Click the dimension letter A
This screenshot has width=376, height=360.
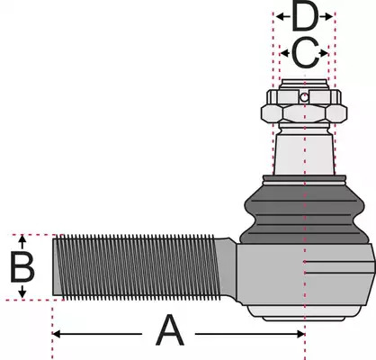(170, 330)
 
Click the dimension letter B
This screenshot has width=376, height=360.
(22, 267)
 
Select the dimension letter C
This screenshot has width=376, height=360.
(305, 53)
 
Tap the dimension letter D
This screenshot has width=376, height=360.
(304, 17)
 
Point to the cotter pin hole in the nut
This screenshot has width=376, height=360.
(304, 97)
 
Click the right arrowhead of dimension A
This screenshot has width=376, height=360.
(300, 334)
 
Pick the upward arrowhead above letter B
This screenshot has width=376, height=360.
(22, 239)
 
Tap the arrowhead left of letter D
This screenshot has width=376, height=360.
(280, 17)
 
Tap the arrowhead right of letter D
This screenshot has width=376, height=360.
(329, 17)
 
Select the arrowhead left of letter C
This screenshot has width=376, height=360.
(284, 53)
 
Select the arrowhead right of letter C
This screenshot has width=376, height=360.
(324, 53)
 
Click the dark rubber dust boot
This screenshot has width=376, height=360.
(304, 214)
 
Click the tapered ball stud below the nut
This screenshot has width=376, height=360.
(304, 151)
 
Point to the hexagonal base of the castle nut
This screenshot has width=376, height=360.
(304, 113)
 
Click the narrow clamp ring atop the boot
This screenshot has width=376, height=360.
(304, 179)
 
